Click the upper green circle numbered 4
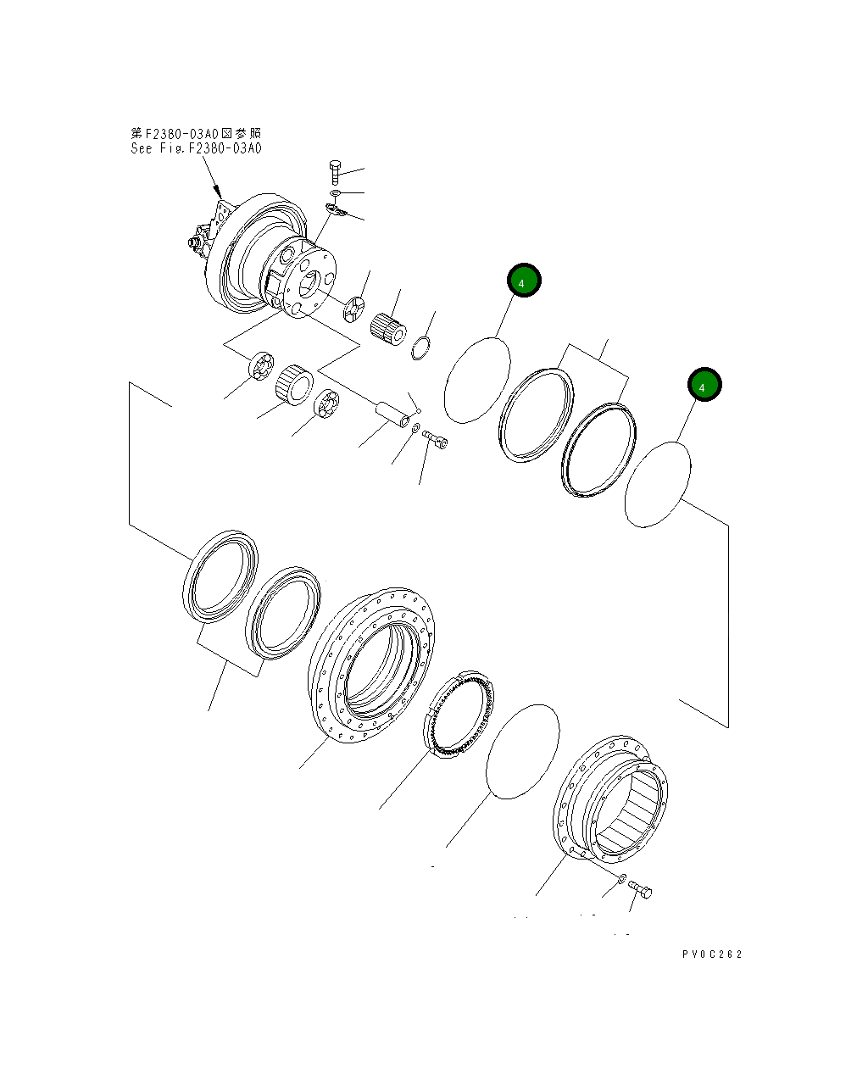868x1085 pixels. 524,281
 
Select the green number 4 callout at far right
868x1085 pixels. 704,386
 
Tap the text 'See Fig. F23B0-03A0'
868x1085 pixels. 196,148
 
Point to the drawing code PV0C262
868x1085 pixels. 711,954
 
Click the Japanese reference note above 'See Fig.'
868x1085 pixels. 196,133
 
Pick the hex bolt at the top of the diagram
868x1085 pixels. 334,172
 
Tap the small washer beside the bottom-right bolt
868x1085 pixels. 621,878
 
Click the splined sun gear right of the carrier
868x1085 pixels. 389,327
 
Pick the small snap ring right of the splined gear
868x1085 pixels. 420,348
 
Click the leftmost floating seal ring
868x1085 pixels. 220,574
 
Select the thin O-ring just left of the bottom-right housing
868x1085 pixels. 523,751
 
